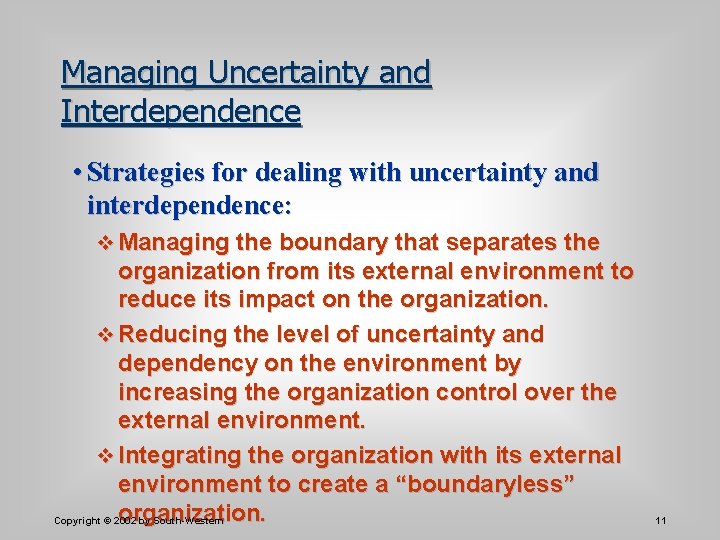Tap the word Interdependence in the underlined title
pyautogui.click(x=181, y=110)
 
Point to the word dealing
pyautogui.click(x=298, y=172)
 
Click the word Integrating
pyautogui.click(x=180, y=456)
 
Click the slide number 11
pyautogui.click(x=661, y=521)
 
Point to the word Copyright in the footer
pyautogui.click(x=76, y=521)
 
